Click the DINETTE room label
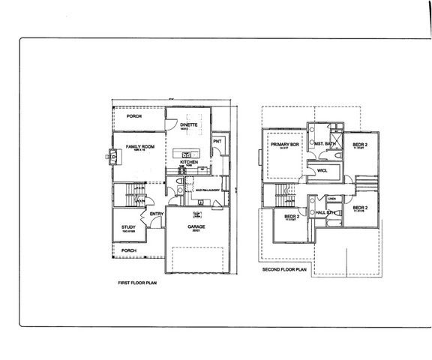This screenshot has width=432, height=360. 188,124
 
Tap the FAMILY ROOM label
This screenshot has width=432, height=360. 140,146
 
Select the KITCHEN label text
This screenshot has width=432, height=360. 188,162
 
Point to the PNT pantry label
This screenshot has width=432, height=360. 217,141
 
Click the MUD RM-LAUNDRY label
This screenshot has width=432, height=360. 206,190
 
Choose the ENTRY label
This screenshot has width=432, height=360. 157,214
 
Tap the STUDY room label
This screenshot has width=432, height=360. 128,227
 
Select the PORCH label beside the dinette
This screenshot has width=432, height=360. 134,116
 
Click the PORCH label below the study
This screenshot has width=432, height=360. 129,250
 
